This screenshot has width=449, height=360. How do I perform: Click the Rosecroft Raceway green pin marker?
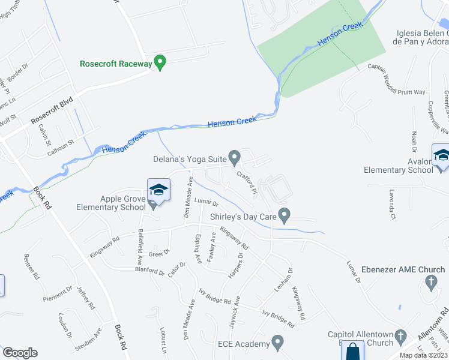click(160, 62)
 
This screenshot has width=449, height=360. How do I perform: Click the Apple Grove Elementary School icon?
click(158, 191)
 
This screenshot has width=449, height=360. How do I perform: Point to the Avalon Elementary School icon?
click(441, 155)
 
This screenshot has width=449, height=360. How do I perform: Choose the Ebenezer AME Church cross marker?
click(430, 281)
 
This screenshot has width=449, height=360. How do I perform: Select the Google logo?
click(20, 353)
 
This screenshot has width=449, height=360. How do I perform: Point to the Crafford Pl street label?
click(247, 182)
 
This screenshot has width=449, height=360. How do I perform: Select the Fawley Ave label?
click(212, 245)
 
